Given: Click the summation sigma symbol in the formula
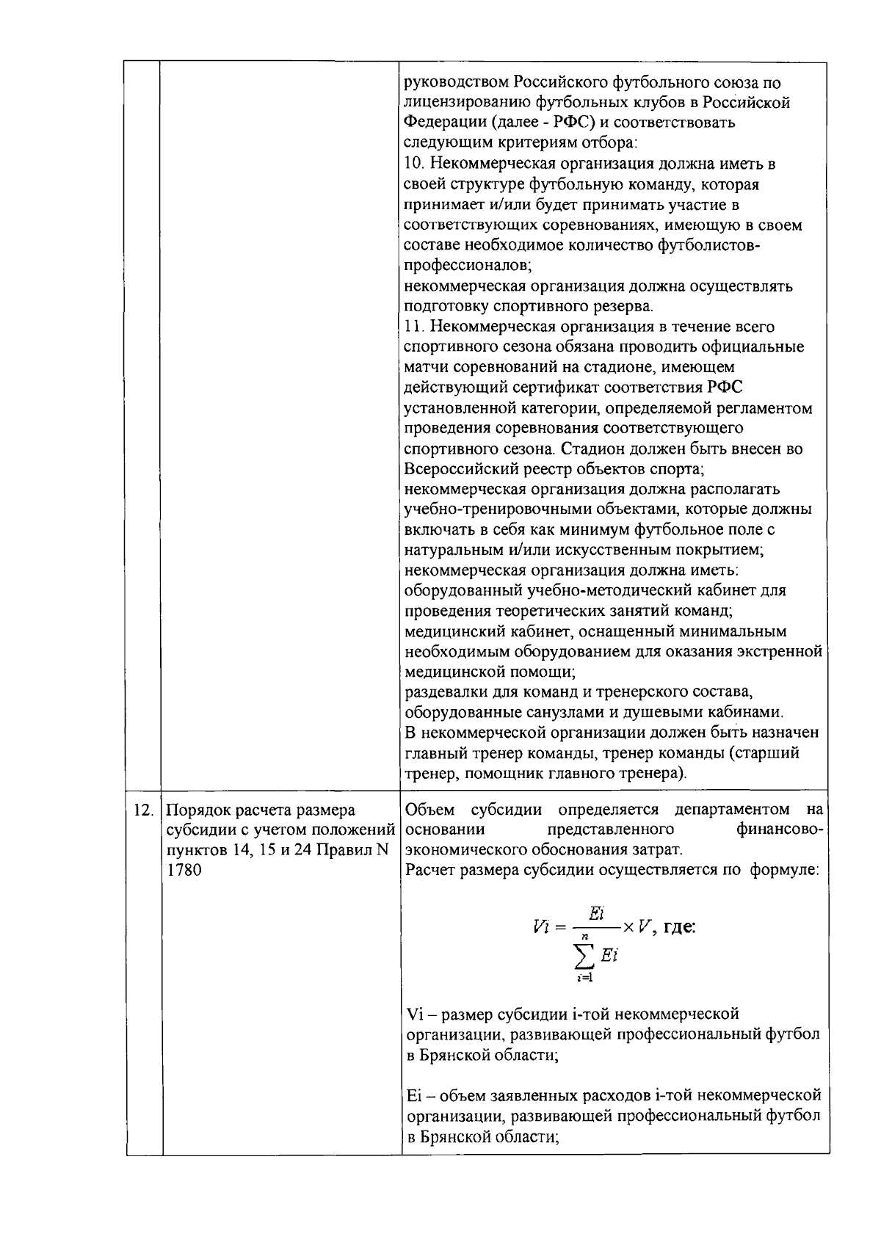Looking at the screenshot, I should (586, 955).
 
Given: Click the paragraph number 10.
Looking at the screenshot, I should (414, 163).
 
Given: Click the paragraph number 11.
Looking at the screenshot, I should (413, 326).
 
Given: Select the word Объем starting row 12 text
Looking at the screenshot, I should (430, 810).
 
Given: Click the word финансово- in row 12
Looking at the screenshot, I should (780, 830).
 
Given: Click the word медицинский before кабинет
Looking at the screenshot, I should (450, 631).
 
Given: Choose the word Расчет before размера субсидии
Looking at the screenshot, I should (429, 871).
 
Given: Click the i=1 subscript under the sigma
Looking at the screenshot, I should (584, 977).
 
